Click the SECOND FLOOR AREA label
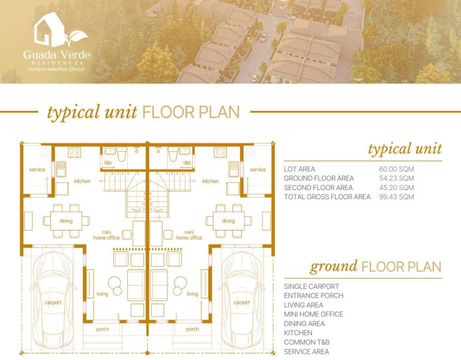pos(319,188)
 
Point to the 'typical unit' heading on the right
pos(405,149)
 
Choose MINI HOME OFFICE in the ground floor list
pos(313,314)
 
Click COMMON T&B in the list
pos(306,342)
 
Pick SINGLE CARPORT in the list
pos(311,287)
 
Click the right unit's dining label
pos(228,221)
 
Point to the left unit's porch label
pos(102,329)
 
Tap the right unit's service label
pos(258,170)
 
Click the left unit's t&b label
pos(109,163)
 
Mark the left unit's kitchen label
pos(82,181)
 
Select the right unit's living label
pos(192,294)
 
